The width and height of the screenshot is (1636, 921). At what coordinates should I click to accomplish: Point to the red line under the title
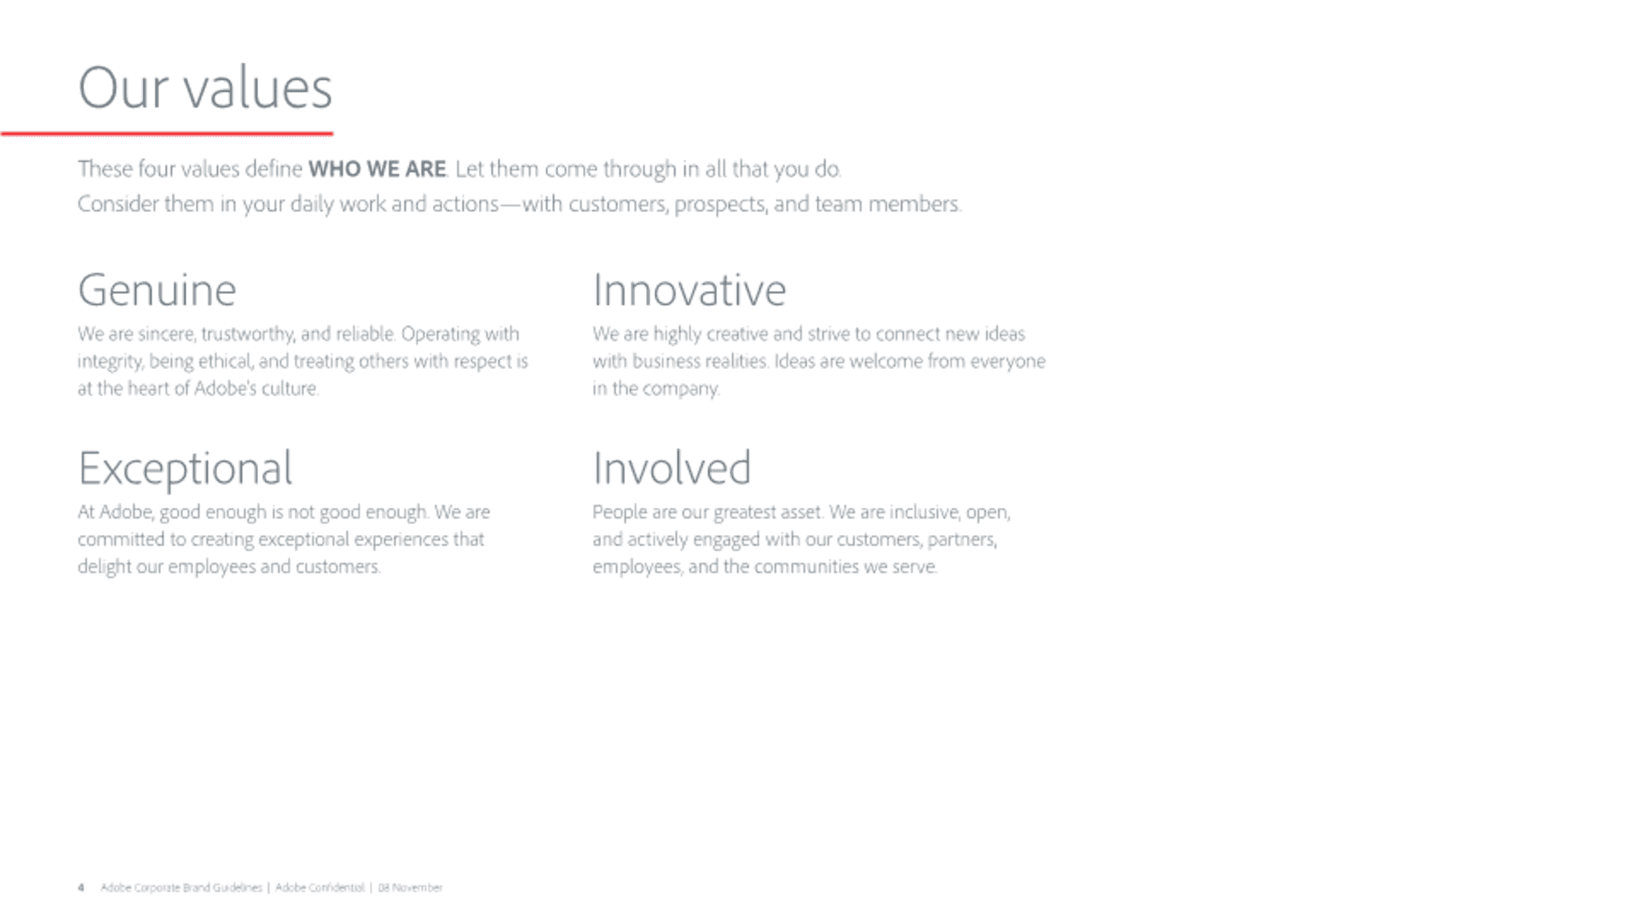coord(167,133)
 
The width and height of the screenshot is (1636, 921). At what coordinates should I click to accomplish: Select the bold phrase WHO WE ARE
coord(377,169)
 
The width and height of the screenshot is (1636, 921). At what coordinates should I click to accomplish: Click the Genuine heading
coord(157,291)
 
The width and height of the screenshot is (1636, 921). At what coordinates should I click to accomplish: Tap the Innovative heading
coord(689,290)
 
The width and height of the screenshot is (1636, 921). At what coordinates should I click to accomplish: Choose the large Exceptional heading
coord(185,469)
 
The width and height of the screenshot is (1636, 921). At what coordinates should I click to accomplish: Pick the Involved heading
coord(672,468)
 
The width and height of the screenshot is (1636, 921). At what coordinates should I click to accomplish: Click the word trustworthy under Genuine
coord(247,334)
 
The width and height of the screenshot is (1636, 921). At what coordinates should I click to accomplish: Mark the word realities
coord(736,361)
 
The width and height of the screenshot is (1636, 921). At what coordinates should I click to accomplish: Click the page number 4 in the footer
coord(81,888)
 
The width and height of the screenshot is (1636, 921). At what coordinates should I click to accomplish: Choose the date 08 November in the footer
coord(410,888)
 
